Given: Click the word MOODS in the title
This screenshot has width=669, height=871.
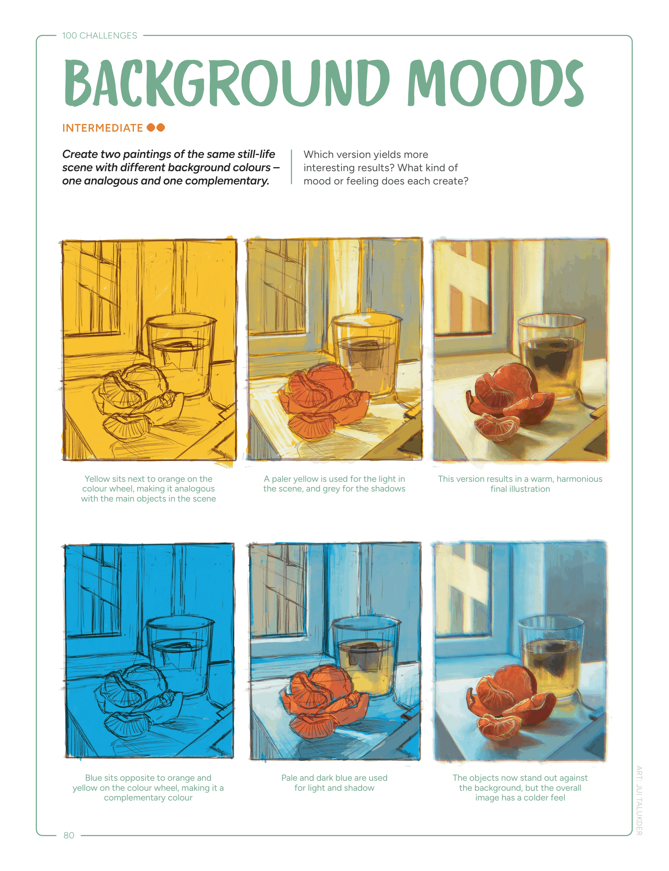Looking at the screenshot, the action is tap(495, 83).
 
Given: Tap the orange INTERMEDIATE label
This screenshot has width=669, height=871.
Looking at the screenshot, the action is tap(102, 128).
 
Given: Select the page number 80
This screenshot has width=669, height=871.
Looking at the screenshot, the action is tap(69, 835).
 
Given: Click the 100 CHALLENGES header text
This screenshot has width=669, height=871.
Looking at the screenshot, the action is tap(99, 35).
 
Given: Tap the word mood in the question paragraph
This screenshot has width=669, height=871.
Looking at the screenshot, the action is tap(317, 181).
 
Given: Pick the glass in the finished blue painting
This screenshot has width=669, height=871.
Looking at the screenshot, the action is tap(551, 656).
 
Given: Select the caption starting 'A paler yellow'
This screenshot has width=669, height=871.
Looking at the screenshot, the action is tap(334, 484).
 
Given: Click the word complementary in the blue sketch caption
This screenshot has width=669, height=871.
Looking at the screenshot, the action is tap(148, 798).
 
